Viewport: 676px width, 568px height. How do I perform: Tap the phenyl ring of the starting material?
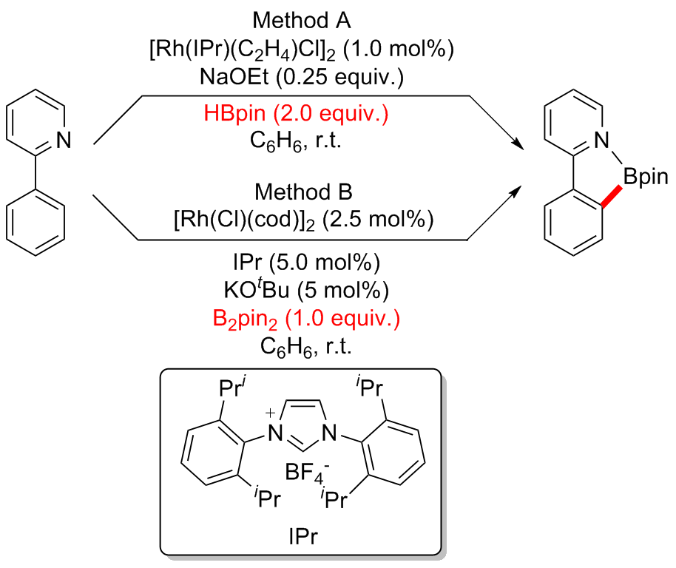click(x=36, y=220)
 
